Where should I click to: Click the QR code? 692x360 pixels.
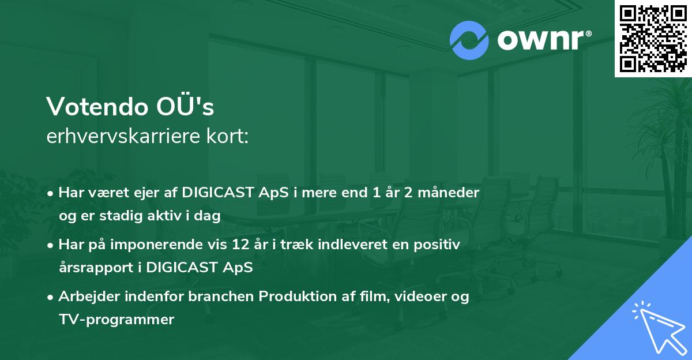pos(652,39)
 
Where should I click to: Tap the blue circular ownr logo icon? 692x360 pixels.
pos(469,40)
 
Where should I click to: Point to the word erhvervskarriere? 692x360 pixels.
pos(119,136)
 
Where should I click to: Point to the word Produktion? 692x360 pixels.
pos(297,297)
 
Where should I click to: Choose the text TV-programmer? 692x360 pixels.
pos(116,319)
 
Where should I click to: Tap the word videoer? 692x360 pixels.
pos(424,297)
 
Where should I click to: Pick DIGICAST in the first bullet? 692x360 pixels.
pos(215,193)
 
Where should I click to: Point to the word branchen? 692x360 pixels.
pos(223,297)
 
